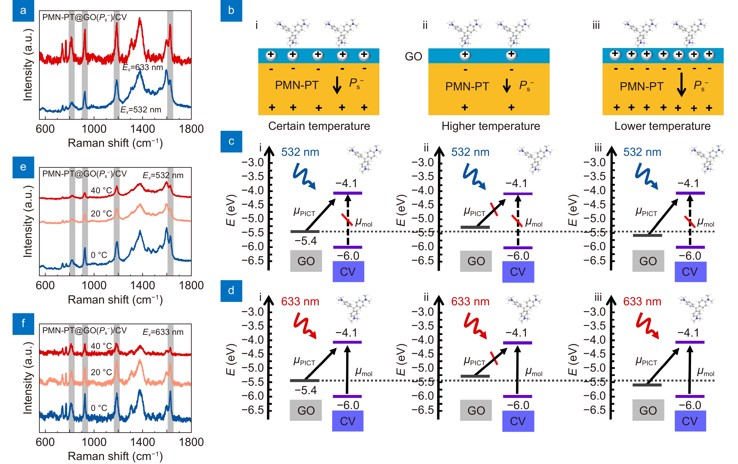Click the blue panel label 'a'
click(x=23, y=11)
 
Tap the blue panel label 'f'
click(x=23, y=323)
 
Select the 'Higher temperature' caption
click(x=491, y=126)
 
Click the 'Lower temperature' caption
click(x=662, y=126)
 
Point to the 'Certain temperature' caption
click(x=319, y=126)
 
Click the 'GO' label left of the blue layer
click(x=413, y=57)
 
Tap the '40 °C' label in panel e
click(x=101, y=190)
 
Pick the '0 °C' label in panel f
click(x=99, y=408)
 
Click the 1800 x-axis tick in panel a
click(x=191, y=129)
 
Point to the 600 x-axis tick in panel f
click(x=45, y=442)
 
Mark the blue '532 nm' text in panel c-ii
click(x=470, y=152)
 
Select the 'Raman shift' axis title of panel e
click(x=115, y=300)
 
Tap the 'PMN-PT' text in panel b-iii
click(x=641, y=87)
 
